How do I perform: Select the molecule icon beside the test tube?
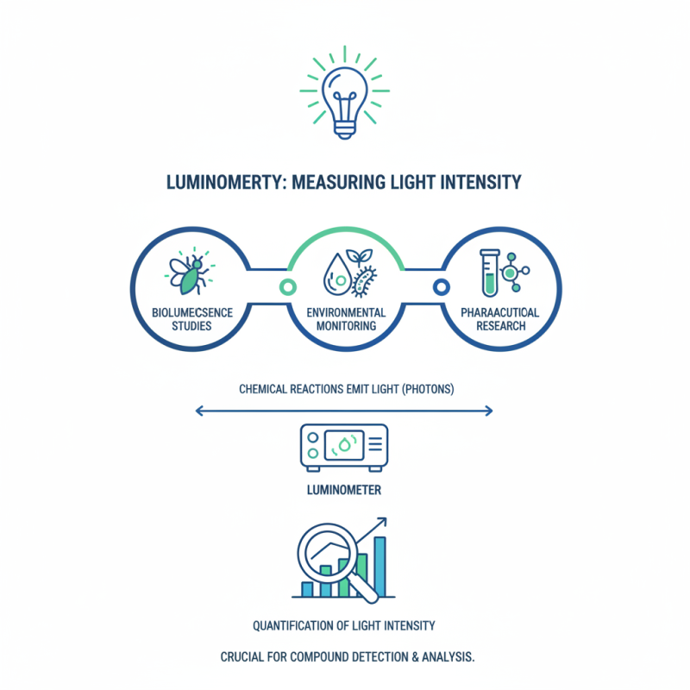click(x=514, y=272)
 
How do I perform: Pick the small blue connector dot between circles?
click(x=441, y=285)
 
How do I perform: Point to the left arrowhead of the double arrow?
click(x=199, y=411)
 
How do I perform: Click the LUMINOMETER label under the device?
click(x=345, y=491)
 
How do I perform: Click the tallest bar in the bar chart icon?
click(x=379, y=566)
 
